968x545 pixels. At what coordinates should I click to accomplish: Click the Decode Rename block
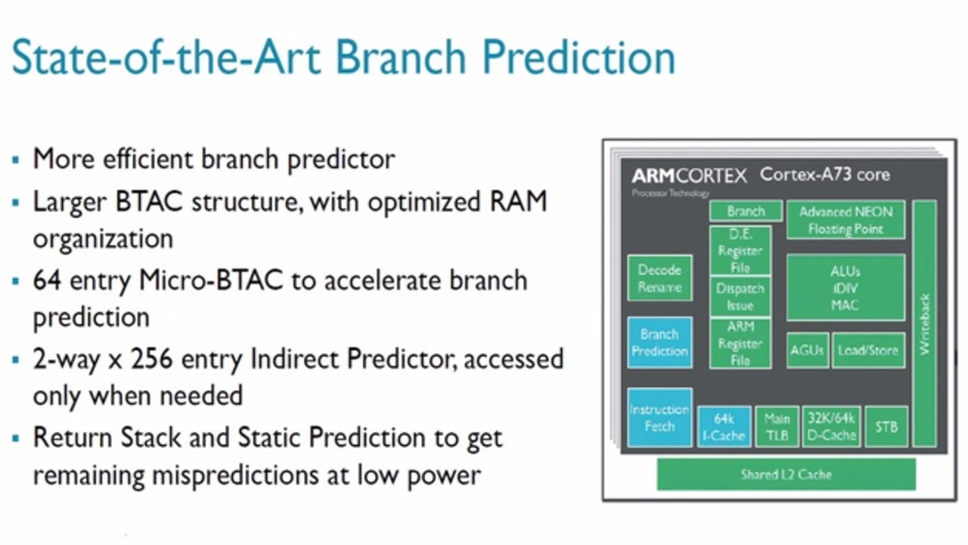coord(659,278)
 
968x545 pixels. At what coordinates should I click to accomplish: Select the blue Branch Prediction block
coord(659,342)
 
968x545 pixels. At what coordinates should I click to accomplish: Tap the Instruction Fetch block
coord(659,417)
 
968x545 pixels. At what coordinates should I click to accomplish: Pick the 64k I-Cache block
coord(724,426)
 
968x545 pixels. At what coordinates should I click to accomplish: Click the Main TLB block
coord(777,426)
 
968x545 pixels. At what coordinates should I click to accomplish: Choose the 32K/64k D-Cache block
coord(831,426)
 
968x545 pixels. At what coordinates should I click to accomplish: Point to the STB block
coord(886,426)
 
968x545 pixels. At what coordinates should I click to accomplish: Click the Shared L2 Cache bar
coord(786,475)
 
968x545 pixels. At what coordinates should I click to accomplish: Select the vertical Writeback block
coord(924,324)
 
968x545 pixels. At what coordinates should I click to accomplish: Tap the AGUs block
coord(807,350)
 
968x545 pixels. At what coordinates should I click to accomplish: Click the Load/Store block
coord(868,350)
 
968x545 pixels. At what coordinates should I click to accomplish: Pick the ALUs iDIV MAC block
coord(845,288)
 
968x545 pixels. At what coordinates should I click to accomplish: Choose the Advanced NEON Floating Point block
coord(845,220)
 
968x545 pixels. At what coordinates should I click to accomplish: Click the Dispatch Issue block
coord(740,296)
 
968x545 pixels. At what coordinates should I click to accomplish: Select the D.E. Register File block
coord(740,251)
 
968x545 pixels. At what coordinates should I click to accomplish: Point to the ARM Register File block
coord(740,343)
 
